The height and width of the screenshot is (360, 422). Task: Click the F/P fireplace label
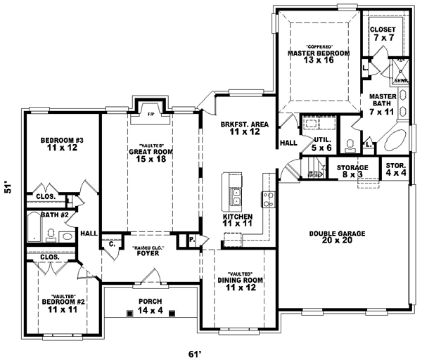click(149, 113)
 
